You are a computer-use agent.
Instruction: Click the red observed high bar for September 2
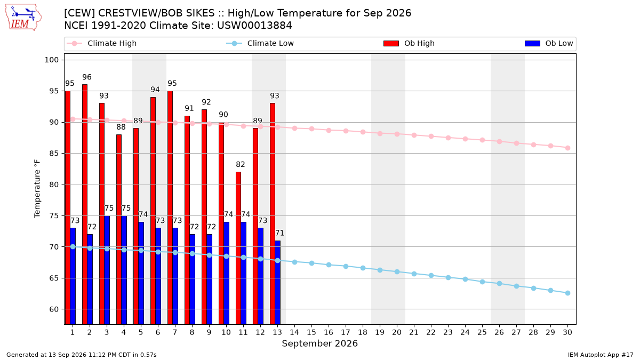(x=85, y=204)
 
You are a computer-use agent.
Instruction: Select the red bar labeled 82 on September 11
(x=238, y=248)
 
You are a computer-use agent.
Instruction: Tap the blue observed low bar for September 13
(x=277, y=282)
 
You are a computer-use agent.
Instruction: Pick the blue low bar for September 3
(x=107, y=270)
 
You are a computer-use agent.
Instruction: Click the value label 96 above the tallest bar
(x=87, y=77)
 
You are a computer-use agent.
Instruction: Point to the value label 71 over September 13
(x=279, y=233)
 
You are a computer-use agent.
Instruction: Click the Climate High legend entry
(x=102, y=43)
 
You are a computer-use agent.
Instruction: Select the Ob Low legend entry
(x=549, y=43)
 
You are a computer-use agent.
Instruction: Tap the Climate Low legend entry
(x=260, y=43)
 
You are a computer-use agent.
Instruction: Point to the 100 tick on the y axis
(x=51, y=60)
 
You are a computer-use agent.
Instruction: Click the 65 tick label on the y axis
(x=54, y=278)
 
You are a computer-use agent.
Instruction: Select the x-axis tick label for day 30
(x=567, y=332)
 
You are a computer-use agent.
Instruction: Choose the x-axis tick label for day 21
(x=414, y=332)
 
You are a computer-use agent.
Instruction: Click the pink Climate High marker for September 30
(x=567, y=148)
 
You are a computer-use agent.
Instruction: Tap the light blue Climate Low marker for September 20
(x=397, y=271)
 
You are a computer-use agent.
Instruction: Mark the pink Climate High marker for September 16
(x=329, y=130)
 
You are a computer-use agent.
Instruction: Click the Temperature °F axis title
(x=37, y=189)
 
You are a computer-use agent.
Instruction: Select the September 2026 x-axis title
(x=319, y=343)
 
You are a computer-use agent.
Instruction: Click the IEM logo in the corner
(x=23, y=18)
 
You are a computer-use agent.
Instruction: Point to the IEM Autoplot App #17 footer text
(x=601, y=355)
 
